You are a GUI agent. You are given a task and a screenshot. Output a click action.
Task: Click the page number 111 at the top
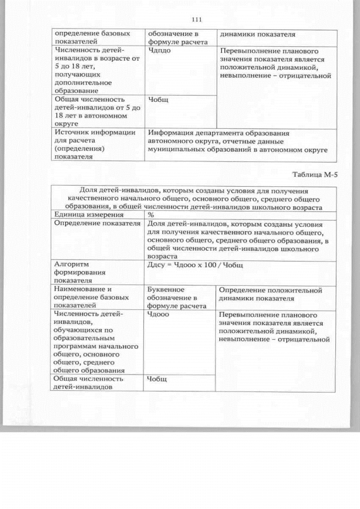tap(196, 20)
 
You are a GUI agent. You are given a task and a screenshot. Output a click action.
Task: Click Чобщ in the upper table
tap(157, 100)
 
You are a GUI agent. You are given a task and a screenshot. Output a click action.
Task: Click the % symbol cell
tap(151, 215)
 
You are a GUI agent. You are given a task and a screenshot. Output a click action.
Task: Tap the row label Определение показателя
tap(96, 223)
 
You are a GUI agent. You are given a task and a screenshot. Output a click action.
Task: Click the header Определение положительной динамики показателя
tap(271, 294)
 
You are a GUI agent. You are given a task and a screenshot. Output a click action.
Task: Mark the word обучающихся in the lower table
tap(79, 331)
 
